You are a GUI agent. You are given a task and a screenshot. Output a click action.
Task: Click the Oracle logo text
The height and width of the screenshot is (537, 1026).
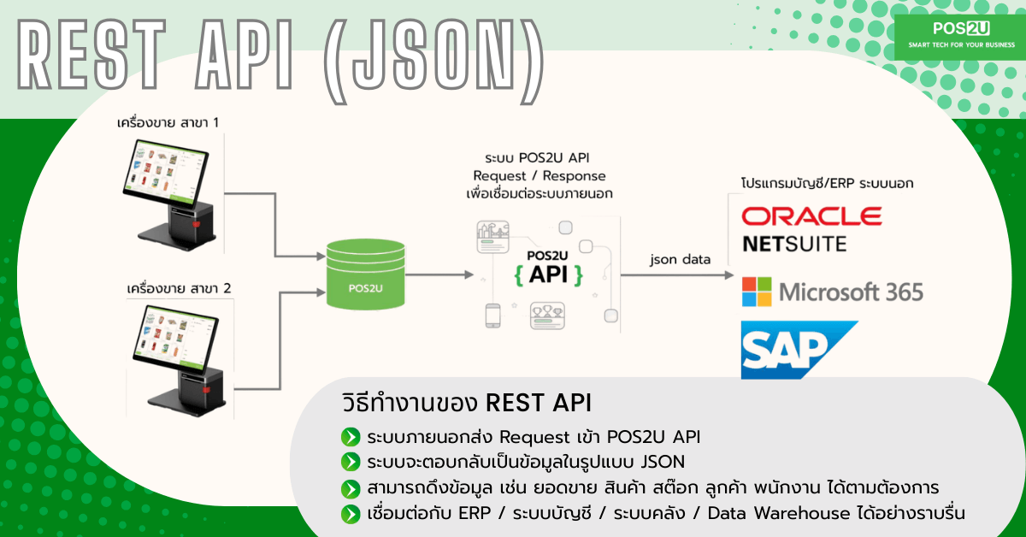[x=811, y=215]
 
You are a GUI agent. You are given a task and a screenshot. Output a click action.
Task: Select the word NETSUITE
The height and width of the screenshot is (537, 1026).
[x=794, y=244]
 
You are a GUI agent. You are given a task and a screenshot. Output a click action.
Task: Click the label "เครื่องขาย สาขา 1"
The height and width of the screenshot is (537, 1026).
[x=168, y=123]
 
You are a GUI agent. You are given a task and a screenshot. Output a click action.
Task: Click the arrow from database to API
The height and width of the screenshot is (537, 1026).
[x=441, y=274]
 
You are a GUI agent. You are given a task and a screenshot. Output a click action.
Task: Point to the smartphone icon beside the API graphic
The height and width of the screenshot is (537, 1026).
[x=492, y=316]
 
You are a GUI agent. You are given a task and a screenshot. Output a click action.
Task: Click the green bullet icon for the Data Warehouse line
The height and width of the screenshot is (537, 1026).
[x=350, y=513]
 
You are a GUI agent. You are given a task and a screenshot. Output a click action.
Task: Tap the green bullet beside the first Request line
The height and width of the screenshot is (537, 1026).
[x=350, y=437]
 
